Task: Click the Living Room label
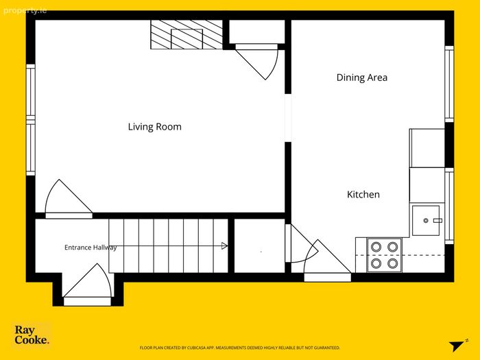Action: tap(154, 127)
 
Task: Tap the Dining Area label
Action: tap(362, 77)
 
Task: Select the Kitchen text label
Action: tap(363, 194)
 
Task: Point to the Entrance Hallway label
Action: tap(91, 248)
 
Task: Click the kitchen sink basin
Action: tap(426, 220)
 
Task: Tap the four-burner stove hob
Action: tap(384, 254)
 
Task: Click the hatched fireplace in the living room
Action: tap(187, 34)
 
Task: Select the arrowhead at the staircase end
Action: tap(225, 245)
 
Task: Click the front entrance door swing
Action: tap(87, 285)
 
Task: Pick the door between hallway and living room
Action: tap(69, 199)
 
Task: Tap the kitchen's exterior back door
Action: tap(327, 261)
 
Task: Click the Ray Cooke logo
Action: tap(32, 335)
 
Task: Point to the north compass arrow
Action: tap(457, 345)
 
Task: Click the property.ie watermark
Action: tap(25, 11)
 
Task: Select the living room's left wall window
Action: tap(31, 120)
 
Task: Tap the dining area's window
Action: tap(449, 84)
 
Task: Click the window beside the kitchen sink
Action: tap(449, 206)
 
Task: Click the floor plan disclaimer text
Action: tap(240, 348)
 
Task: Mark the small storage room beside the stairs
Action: tap(260, 245)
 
